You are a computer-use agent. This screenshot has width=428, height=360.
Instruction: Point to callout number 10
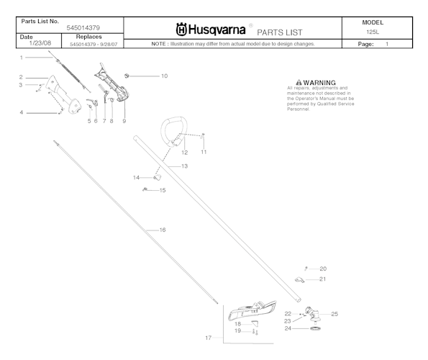pos(164,76)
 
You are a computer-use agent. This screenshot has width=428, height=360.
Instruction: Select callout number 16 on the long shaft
pos(163,230)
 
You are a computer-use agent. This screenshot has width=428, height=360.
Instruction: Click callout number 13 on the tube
pos(184,166)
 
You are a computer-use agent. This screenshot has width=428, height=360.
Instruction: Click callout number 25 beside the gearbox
pos(334,314)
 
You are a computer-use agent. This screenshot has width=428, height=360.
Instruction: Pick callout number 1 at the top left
pos(22,57)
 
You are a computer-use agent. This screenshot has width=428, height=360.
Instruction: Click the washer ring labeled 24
pos(314,329)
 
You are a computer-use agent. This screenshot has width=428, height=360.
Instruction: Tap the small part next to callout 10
pos(127,74)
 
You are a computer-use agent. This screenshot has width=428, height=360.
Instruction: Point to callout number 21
pos(322,279)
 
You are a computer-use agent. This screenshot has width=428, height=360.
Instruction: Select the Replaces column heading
pos(88,36)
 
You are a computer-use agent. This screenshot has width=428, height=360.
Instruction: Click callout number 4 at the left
pos(22,112)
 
